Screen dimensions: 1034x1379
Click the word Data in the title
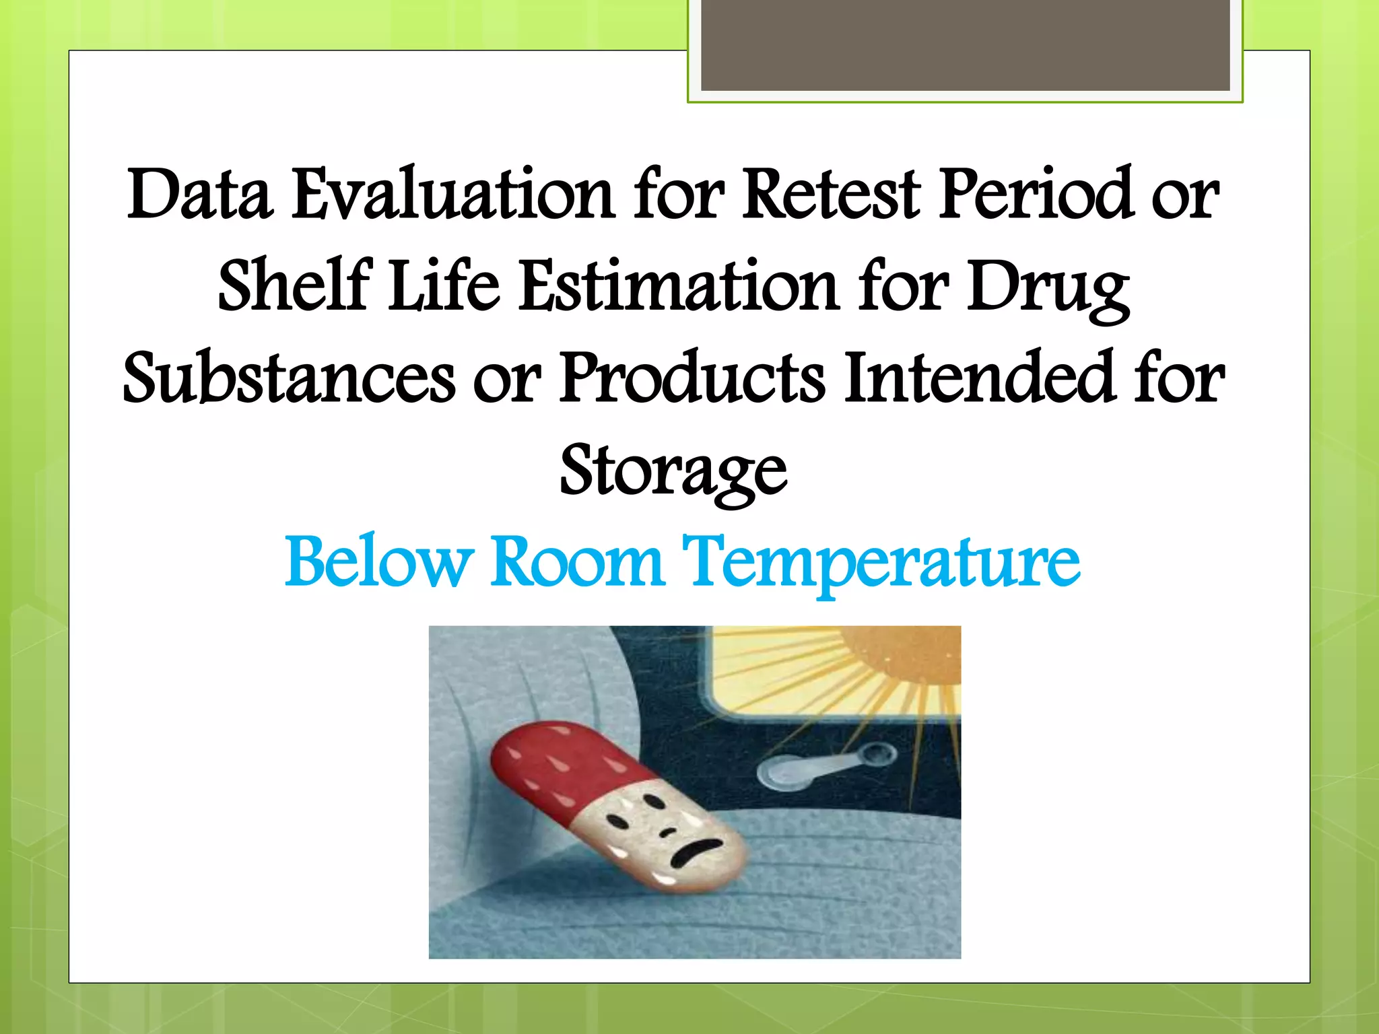pos(200,195)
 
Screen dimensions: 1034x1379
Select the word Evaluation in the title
pos(452,195)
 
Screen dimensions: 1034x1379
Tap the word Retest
pos(831,195)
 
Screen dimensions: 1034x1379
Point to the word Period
pos(1037,195)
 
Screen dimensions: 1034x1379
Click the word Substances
pos(290,378)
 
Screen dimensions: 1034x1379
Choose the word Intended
pos(980,378)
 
